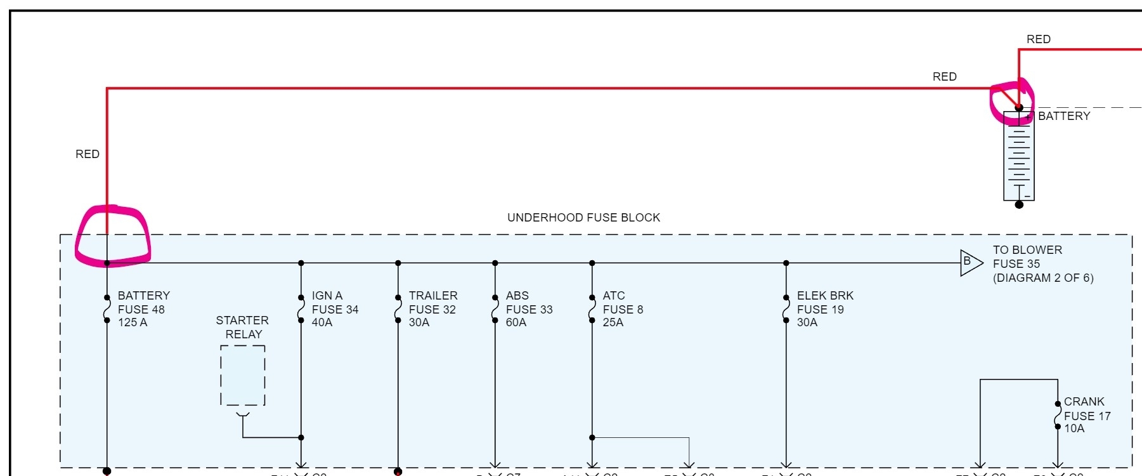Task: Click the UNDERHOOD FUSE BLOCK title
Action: click(583, 218)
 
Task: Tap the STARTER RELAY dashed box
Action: click(243, 375)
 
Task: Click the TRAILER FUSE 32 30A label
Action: click(432, 309)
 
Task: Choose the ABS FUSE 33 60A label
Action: click(529, 309)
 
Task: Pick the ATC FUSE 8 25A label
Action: click(623, 309)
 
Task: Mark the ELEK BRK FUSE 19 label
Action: click(825, 309)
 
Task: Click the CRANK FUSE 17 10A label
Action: click(1087, 415)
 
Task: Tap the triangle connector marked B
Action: click(970, 262)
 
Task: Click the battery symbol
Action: click(1019, 156)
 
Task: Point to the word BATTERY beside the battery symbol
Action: click(1064, 116)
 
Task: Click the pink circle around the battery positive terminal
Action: click(1012, 102)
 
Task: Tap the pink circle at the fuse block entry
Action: click(112, 235)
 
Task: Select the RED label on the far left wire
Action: click(88, 154)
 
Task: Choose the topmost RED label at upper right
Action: click(1039, 39)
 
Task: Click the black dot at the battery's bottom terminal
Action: click(1019, 204)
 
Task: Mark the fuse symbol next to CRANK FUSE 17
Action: click(1058, 415)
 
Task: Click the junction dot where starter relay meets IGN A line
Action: click(301, 437)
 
